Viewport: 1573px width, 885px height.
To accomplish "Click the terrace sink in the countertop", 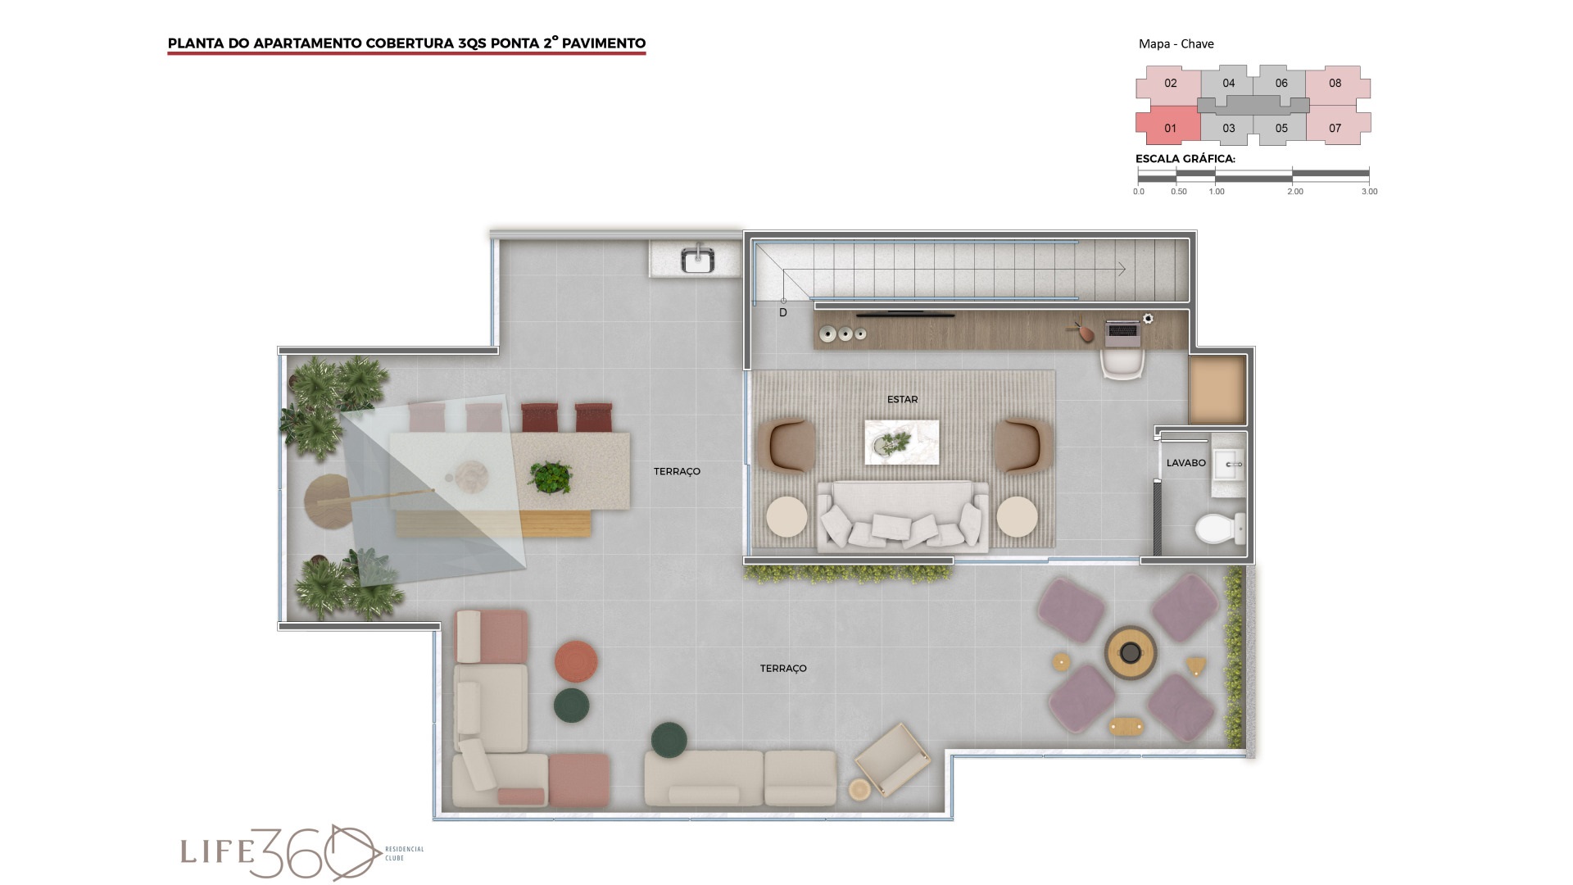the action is tap(698, 259).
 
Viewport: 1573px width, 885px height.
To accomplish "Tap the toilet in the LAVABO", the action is tap(1220, 529).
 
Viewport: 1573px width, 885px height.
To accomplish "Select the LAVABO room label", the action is tap(1185, 463).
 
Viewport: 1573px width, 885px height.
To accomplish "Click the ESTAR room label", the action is tap(902, 399).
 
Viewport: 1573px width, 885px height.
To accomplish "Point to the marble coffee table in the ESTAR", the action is tap(902, 442).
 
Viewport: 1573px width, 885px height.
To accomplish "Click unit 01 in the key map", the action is tap(1169, 127).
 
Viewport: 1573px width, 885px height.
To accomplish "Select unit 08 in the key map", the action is tap(1335, 83).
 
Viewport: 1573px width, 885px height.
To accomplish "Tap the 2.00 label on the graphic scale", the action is tap(1294, 192).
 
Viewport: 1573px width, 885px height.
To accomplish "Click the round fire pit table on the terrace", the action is tap(1131, 652).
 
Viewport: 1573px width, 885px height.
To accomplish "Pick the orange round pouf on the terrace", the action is tap(576, 661).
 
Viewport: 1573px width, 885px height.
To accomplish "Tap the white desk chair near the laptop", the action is tap(1122, 364).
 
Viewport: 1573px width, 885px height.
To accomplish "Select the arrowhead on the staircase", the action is tap(1122, 269).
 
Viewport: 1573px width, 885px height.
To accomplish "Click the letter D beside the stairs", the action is tap(783, 313).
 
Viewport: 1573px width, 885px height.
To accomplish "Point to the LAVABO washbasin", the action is tap(1228, 465).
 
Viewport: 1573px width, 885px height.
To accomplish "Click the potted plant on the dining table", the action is tap(551, 476).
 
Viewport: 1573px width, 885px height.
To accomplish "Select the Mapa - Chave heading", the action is tap(1176, 44).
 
